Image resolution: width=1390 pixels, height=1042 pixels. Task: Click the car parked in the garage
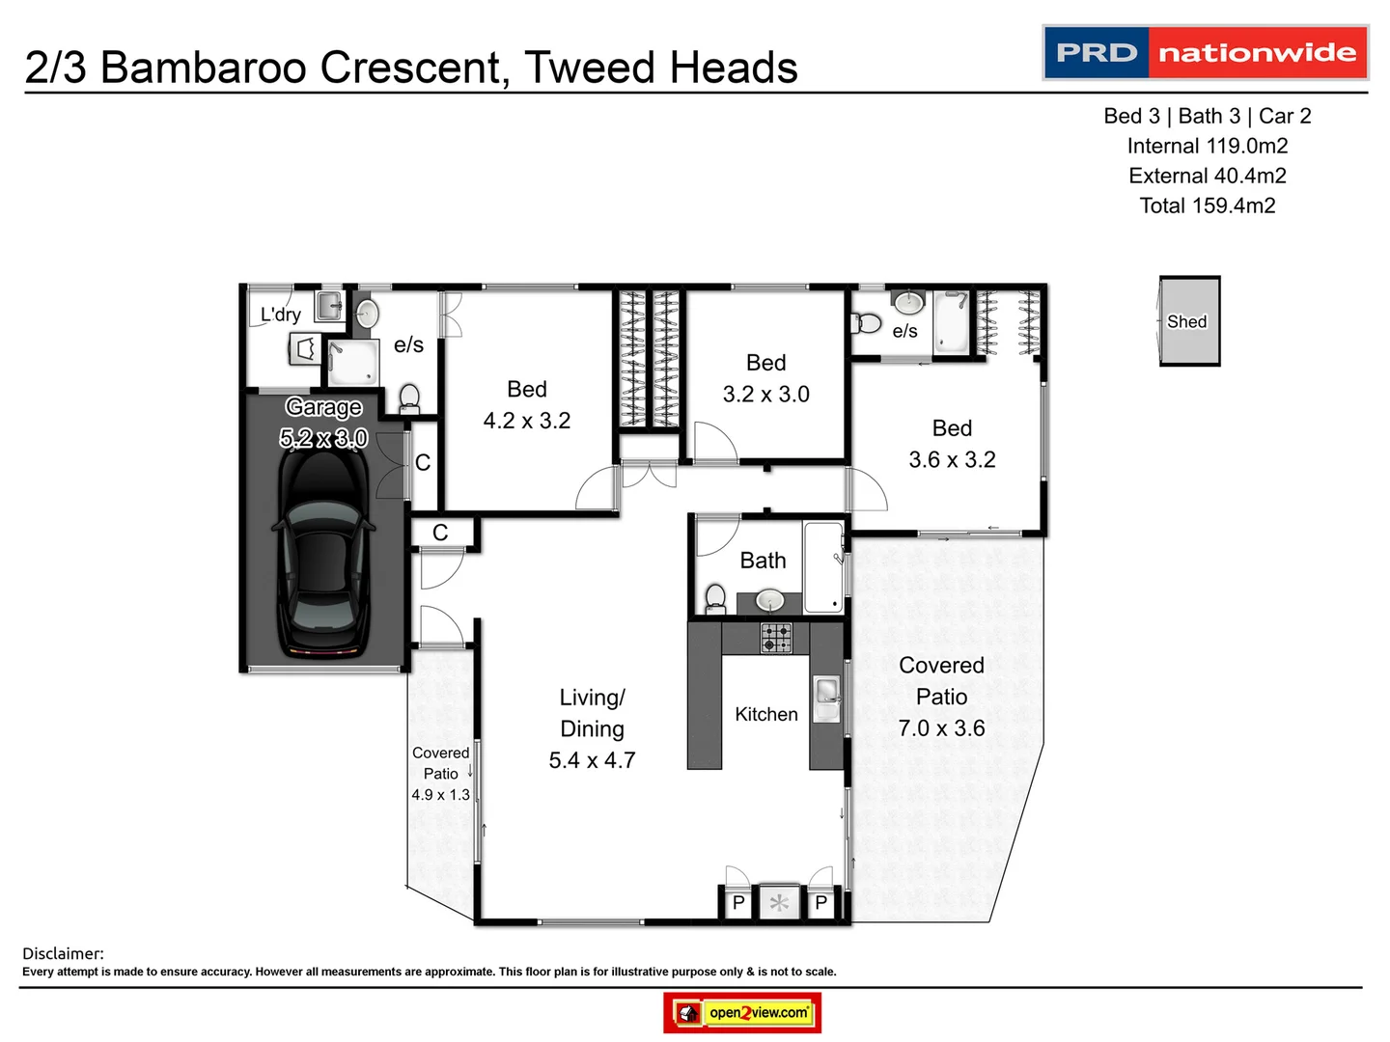(322, 555)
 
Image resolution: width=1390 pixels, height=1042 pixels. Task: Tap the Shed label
(1186, 322)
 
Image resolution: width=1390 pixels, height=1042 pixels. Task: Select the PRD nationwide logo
(1206, 52)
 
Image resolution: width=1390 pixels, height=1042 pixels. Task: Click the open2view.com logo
(742, 1012)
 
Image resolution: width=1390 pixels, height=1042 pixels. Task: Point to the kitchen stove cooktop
(777, 638)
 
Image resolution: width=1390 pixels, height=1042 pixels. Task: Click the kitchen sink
(827, 693)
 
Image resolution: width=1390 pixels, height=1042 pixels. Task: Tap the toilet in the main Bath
(715, 598)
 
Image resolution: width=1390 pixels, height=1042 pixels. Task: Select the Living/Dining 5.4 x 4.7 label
(592, 728)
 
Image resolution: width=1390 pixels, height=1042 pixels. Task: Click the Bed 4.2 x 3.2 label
(527, 405)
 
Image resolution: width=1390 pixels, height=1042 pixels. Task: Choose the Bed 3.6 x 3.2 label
(952, 444)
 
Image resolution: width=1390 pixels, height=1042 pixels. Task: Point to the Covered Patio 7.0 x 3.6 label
(941, 697)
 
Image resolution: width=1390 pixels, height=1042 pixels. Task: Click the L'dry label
(281, 315)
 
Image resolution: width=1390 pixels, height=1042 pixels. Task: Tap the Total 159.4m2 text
(1208, 206)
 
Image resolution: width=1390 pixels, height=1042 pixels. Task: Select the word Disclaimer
(63, 953)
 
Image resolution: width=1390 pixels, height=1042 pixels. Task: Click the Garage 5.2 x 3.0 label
(323, 423)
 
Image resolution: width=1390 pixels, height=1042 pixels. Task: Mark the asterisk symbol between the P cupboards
(779, 903)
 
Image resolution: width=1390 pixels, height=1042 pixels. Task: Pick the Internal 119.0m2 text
(1208, 146)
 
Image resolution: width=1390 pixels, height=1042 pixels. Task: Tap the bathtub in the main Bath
(823, 567)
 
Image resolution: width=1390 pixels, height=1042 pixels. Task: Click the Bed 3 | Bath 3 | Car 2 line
(1208, 116)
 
